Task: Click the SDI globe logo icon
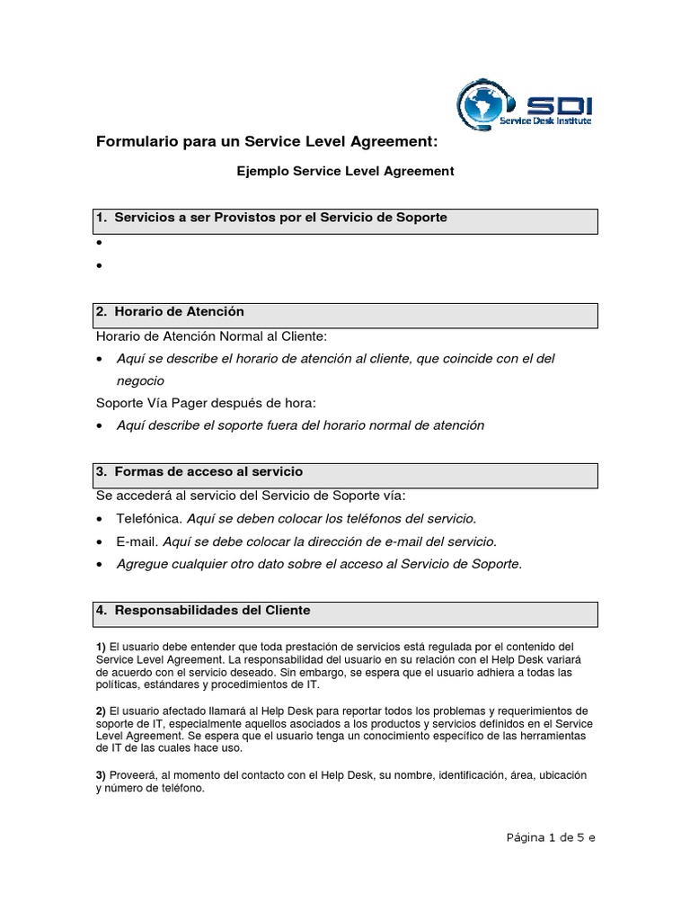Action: pos(486,104)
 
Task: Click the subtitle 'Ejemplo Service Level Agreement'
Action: pos(346,170)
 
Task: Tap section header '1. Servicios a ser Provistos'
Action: pos(271,218)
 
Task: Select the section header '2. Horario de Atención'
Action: pos(170,311)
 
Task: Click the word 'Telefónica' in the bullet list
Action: pos(149,519)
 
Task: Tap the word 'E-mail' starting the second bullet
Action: pos(137,541)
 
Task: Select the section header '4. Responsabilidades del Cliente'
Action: pos(202,610)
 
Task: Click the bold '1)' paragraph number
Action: pos(101,647)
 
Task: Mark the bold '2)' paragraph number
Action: pos(101,711)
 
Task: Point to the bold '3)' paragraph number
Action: pos(101,775)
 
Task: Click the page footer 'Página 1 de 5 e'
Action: pos(551,836)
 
